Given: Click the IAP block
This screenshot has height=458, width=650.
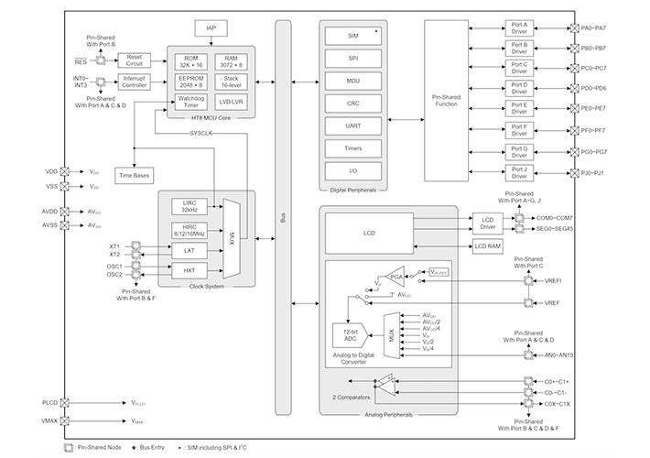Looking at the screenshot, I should (211, 29).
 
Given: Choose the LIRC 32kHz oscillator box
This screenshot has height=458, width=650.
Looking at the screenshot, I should (190, 205).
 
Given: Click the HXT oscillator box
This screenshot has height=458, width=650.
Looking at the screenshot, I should (190, 270).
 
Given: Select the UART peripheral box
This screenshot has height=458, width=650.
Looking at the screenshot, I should (352, 125).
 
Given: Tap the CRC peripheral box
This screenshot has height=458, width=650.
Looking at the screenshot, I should (352, 103).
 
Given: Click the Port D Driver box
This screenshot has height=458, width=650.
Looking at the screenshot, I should (519, 88).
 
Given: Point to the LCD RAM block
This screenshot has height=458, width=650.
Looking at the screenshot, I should (487, 246).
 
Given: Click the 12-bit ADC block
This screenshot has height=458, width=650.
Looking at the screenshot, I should (348, 334).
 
